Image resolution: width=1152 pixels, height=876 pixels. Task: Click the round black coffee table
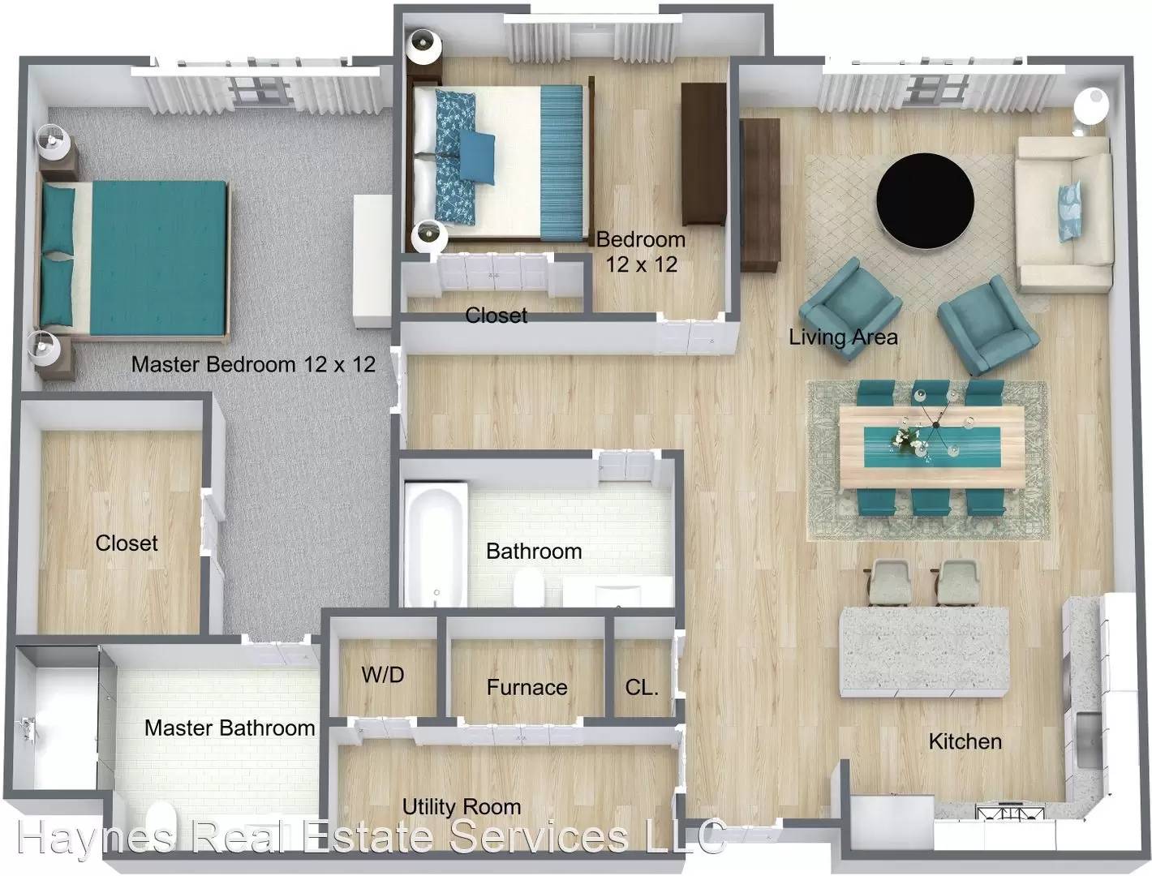926,201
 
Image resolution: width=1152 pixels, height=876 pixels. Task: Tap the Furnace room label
527,687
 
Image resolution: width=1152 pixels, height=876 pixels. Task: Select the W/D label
383,675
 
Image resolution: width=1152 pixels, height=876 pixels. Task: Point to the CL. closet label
642,687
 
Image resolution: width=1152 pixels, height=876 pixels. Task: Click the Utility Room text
462,807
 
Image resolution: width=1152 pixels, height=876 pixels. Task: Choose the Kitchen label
965,741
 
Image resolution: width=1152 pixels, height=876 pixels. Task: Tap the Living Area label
844,337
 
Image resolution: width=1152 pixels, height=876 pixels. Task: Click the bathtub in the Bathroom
435,546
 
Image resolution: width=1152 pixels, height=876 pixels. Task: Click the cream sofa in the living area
1064,215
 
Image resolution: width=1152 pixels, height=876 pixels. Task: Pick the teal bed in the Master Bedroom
135,258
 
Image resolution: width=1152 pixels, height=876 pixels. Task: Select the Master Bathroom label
230,728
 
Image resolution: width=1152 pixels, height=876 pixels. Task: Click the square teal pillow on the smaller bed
477,157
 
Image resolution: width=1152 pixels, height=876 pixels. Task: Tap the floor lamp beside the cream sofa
1090,108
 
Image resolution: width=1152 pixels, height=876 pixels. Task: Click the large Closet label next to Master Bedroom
127,543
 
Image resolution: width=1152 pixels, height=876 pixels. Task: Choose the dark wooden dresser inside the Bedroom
703,154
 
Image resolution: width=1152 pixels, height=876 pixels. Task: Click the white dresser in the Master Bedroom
372,261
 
